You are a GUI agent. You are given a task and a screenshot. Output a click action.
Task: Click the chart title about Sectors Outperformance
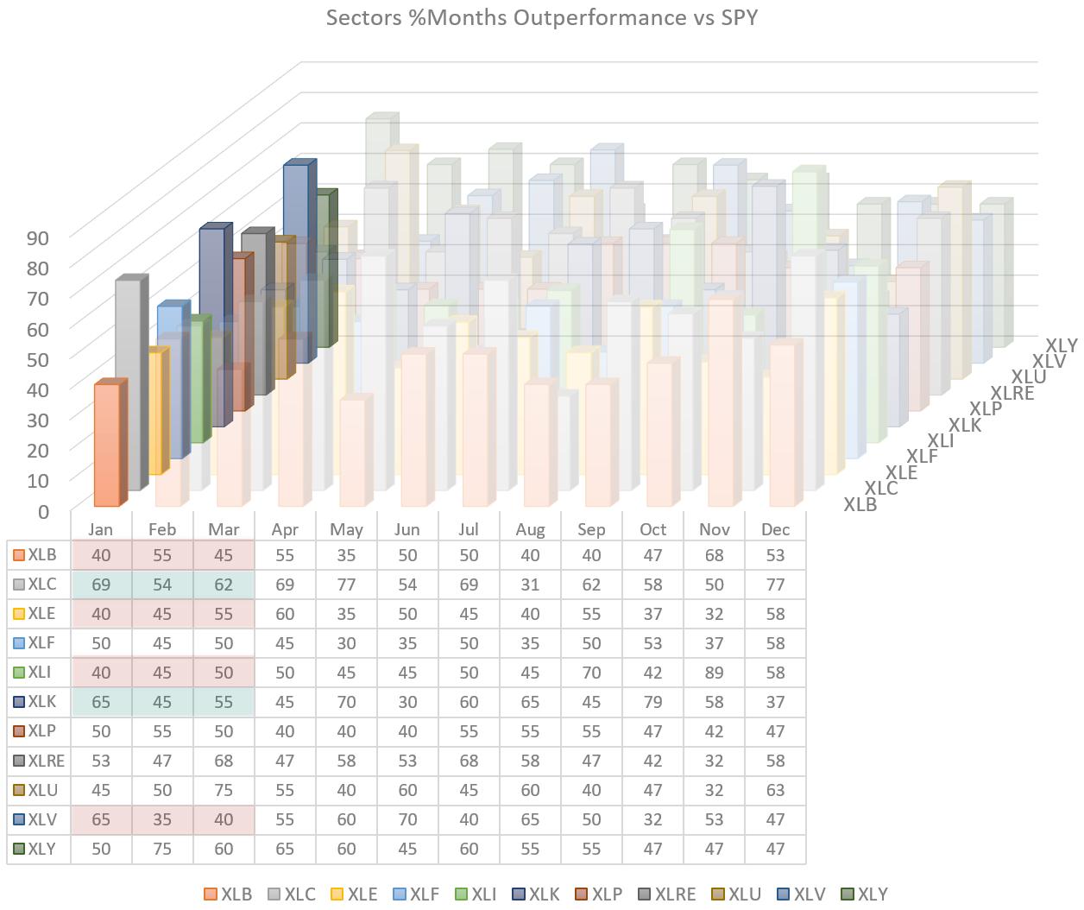click(x=541, y=17)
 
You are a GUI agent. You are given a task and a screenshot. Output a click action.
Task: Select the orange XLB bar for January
click(x=106, y=445)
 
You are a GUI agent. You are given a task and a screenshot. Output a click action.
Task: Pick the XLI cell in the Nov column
click(x=714, y=673)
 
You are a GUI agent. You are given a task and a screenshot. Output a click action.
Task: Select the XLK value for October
click(x=652, y=702)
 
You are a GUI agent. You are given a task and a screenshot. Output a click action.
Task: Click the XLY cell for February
click(x=162, y=849)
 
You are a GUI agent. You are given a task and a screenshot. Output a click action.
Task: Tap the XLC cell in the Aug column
click(x=530, y=585)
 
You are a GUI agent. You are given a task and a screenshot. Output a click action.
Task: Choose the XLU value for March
click(x=224, y=790)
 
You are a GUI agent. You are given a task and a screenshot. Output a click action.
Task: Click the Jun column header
click(x=406, y=529)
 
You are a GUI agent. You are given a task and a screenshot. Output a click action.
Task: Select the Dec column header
click(x=775, y=529)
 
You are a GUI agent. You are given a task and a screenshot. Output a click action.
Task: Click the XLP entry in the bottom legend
click(x=598, y=894)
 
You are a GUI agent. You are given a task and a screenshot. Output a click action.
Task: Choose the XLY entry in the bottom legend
click(x=864, y=894)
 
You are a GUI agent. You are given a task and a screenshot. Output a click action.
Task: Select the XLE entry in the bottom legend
click(x=354, y=894)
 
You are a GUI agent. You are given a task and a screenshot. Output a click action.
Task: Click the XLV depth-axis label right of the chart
click(x=1049, y=361)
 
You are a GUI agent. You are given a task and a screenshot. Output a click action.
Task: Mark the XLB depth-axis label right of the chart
click(x=860, y=505)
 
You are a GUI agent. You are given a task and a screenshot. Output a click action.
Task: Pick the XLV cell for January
click(x=101, y=819)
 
